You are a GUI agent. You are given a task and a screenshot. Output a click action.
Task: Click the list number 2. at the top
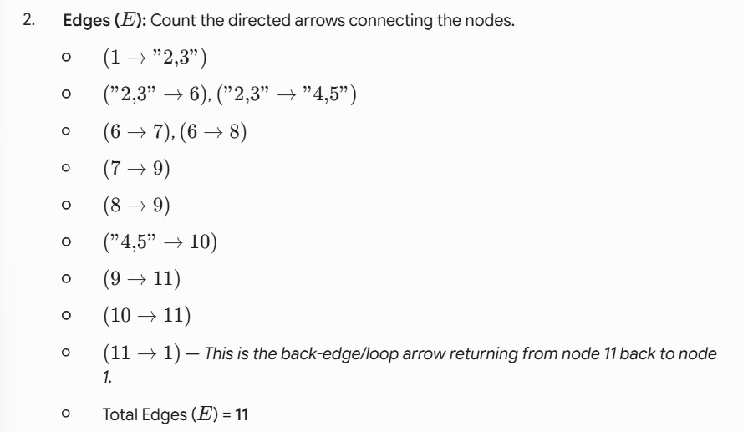tap(29, 20)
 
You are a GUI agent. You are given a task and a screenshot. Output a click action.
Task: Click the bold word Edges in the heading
tap(87, 21)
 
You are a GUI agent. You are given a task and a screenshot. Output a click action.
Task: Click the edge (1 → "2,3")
tap(155, 58)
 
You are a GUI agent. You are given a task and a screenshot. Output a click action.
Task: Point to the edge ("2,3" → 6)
tap(154, 94)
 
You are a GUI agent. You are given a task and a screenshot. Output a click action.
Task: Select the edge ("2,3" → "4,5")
tap(286, 94)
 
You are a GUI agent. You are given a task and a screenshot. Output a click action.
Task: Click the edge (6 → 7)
tap(136, 131)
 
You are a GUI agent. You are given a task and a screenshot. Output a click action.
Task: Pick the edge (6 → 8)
tap(213, 131)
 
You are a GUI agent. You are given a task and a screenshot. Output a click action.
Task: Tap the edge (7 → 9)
tap(136, 168)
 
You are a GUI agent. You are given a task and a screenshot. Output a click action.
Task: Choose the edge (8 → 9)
tap(136, 205)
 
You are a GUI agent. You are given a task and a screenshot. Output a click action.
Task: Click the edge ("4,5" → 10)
tap(160, 242)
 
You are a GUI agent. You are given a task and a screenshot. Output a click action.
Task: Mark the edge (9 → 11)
tap(142, 278)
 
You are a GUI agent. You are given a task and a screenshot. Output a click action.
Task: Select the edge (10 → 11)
tap(147, 316)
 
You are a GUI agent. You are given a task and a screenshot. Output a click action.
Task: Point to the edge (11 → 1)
tap(142, 353)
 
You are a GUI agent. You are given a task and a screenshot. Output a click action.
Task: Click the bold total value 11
tap(242, 415)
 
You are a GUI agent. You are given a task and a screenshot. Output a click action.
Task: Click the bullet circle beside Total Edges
tap(66, 414)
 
